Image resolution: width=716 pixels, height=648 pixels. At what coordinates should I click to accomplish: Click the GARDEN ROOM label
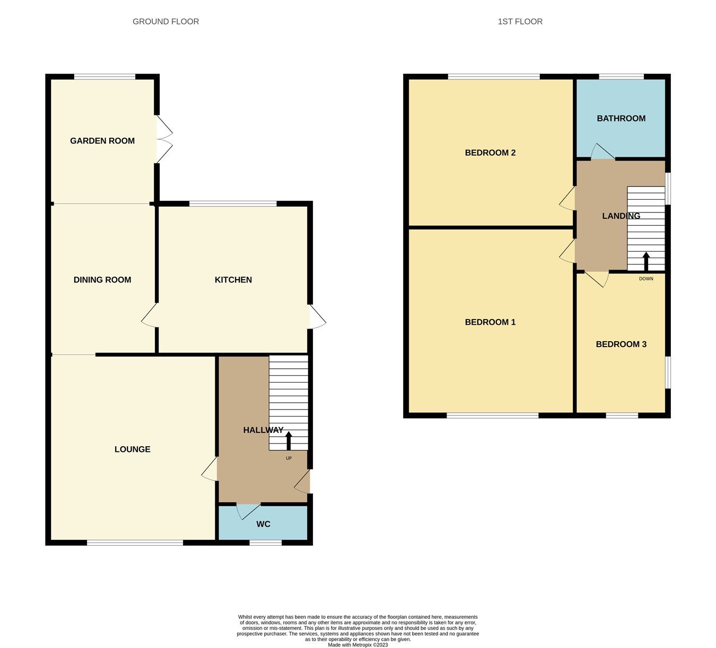click(102, 141)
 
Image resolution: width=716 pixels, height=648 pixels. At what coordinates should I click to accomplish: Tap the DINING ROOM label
click(102, 280)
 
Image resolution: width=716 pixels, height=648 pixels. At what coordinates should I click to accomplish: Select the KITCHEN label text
click(233, 280)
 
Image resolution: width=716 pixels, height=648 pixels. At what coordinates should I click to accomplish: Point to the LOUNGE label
click(133, 449)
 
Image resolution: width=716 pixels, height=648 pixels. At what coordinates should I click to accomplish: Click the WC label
click(264, 524)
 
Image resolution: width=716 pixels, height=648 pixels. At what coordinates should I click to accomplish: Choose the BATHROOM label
click(621, 119)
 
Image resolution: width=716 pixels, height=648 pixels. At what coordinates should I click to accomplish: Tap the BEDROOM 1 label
click(490, 322)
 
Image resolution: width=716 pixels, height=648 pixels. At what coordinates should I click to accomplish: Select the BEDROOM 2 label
click(490, 153)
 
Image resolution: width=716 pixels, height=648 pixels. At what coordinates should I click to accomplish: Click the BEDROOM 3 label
click(621, 344)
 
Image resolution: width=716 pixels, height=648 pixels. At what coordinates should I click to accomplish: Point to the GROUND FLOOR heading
click(166, 22)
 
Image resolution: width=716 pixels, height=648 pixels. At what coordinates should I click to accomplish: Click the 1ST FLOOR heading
click(520, 22)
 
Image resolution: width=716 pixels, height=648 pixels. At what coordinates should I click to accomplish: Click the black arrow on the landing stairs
click(646, 261)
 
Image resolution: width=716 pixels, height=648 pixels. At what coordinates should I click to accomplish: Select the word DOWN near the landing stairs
click(646, 279)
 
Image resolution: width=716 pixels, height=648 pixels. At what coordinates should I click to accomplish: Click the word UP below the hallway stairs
click(289, 458)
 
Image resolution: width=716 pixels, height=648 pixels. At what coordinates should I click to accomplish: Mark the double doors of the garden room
click(164, 139)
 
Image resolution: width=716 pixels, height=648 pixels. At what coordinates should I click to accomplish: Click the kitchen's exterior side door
click(317, 317)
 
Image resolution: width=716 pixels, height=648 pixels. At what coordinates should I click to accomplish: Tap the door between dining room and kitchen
click(150, 315)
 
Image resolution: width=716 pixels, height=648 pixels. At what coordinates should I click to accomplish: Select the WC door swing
click(247, 511)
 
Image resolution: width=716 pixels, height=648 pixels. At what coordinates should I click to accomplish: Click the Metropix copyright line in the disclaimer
click(358, 645)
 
